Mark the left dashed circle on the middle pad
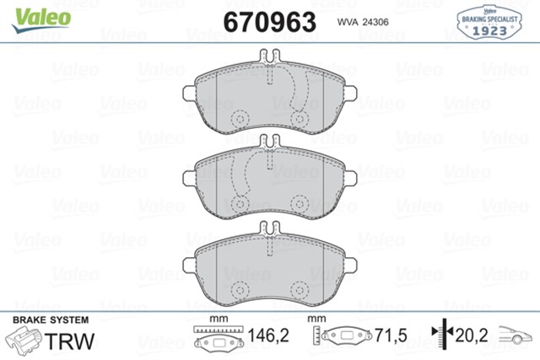(239, 205)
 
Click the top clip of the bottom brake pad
(270, 228)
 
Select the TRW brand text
(69, 341)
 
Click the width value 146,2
(270, 336)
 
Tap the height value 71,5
(391, 336)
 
